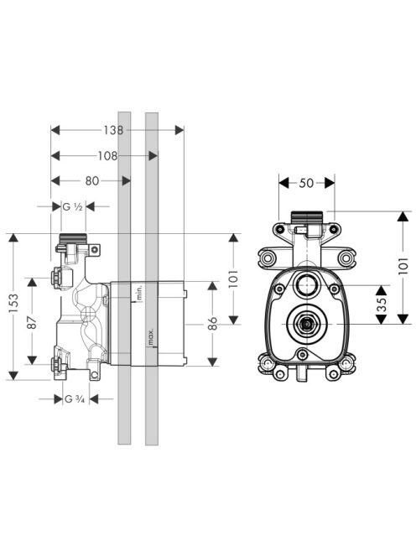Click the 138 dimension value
click(113, 130)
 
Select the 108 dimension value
click(107, 156)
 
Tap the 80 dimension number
click(92, 181)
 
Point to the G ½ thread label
click(73, 206)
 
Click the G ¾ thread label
click(75, 399)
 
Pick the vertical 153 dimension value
click(13, 303)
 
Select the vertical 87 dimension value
click(32, 322)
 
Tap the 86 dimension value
click(212, 323)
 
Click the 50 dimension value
click(307, 184)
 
